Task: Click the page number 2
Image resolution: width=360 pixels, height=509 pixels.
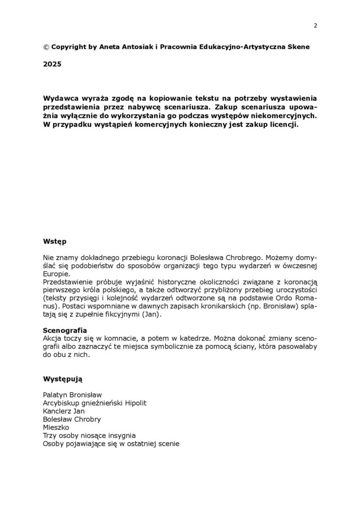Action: point(315,25)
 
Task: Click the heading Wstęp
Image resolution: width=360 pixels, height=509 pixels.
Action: point(54,241)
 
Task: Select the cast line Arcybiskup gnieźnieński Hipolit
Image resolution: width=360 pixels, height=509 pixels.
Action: point(95,403)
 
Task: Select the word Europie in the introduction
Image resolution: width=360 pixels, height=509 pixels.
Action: point(56,274)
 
